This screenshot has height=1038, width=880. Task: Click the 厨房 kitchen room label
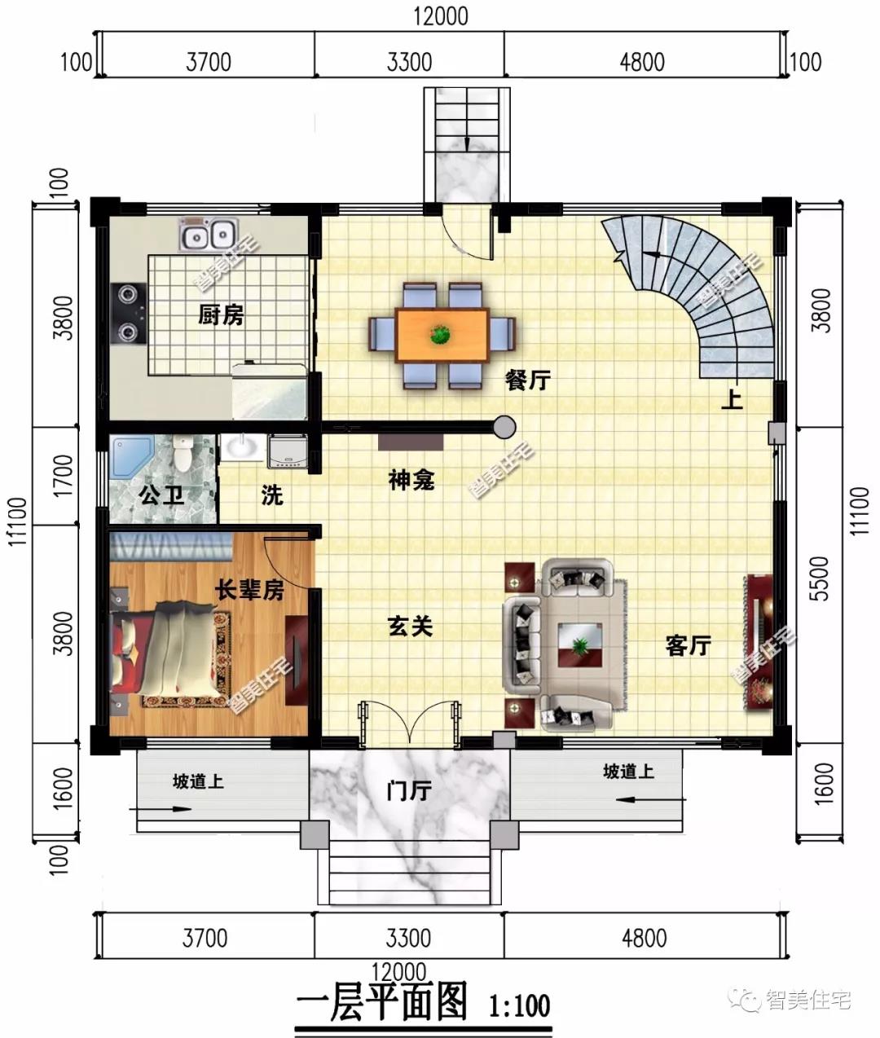[x=220, y=314]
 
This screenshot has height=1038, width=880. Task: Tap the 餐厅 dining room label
[x=528, y=380]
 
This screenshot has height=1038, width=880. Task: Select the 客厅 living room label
[x=688, y=646]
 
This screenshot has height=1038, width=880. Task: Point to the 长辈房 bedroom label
[x=249, y=589]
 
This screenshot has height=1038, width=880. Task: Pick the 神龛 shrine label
[x=411, y=481]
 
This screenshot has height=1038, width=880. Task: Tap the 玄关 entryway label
[x=409, y=627]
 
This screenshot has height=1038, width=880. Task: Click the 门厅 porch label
[x=409, y=789]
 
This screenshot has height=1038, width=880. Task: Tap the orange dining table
[x=442, y=335]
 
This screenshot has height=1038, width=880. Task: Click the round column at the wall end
[x=504, y=426]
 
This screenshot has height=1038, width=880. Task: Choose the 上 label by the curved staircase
[x=733, y=400]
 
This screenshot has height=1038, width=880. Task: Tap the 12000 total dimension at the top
[x=441, y=14]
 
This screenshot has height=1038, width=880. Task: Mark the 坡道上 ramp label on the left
[x=198, y=781]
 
